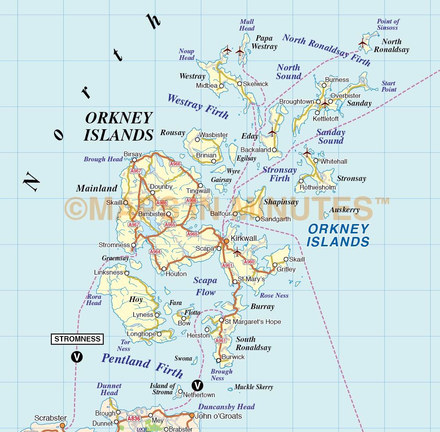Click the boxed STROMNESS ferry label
77,339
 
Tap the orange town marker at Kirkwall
226,241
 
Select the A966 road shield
175,164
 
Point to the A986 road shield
162,203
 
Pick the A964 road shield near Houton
155,252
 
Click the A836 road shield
134,419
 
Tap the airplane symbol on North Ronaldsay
363,44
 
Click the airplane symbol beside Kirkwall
237,252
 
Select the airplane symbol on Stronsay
307,153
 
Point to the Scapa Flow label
205,286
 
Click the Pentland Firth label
142,365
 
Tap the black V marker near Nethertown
198,386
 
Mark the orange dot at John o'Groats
192,416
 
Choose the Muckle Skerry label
253,387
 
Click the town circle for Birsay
135,160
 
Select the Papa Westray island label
264,42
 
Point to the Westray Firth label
198,106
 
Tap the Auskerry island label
344,210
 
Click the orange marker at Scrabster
62,425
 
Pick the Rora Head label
94,300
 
